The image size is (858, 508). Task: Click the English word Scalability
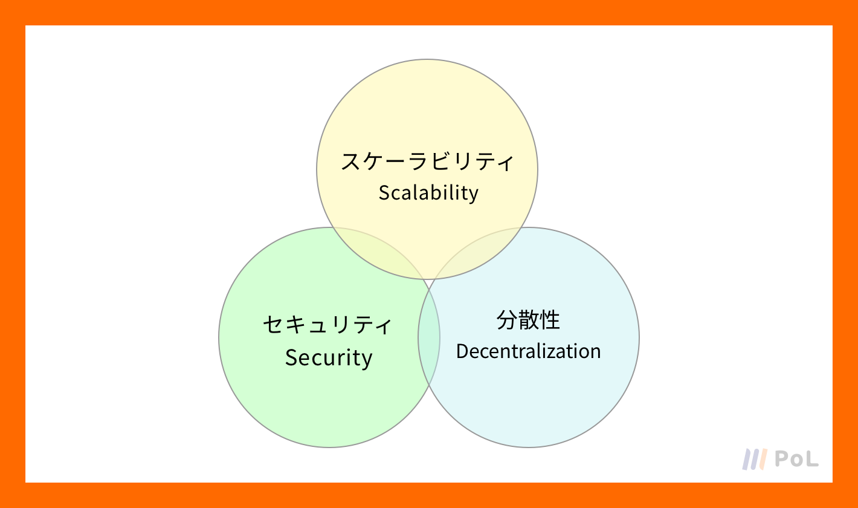pyautogui.click(x=428, y=193)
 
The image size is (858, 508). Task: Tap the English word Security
pyautogui.click(x=329, y=358)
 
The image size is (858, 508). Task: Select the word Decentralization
pyautogui.click(x=528, y=351)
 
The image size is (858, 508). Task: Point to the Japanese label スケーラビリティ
pyautogui.click(x=427, y=161)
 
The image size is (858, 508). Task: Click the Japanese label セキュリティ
pyautogui.click(x=328, y=325)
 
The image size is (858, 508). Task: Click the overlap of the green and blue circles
pyautogui.click(x=429, y=337)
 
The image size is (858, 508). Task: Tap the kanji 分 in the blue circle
pyautogui.click(x=507, y=320)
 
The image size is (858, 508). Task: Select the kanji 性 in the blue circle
pyautogui.click(x=549, y=320)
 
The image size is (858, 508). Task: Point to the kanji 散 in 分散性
pyautogui.click(x=528, y=320)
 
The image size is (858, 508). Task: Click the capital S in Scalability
pyautogui.click(x=384, y=193)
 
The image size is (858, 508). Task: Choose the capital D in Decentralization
pyautogui.click(x=462, y=351)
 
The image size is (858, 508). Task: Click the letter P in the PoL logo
pyautogui.click(x=782, y=458)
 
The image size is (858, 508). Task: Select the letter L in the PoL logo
pyautogui.click(x=811, y=458)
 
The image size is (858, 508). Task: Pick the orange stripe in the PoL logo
pyautogui.click(x=763, y=459)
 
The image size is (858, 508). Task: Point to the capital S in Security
pyautogui.click(x=291, y=358)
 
